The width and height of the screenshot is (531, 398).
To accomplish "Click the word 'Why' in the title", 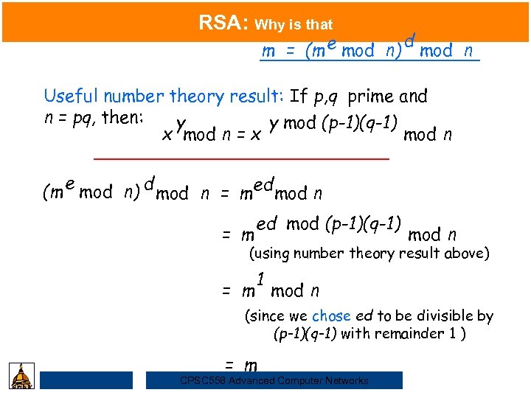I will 269,25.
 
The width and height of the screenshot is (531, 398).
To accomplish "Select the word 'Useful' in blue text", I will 72,97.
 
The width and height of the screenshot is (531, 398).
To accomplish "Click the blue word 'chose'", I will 331,316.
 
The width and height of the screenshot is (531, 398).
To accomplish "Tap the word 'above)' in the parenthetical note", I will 466,254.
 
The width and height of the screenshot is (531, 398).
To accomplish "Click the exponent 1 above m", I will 261,279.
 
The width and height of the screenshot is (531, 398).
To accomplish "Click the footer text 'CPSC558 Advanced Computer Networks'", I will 274,380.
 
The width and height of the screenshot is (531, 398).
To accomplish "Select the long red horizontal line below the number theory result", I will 241,158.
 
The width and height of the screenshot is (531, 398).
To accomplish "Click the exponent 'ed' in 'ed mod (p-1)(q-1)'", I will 266,223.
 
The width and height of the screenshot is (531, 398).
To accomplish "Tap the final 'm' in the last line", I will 251,366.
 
